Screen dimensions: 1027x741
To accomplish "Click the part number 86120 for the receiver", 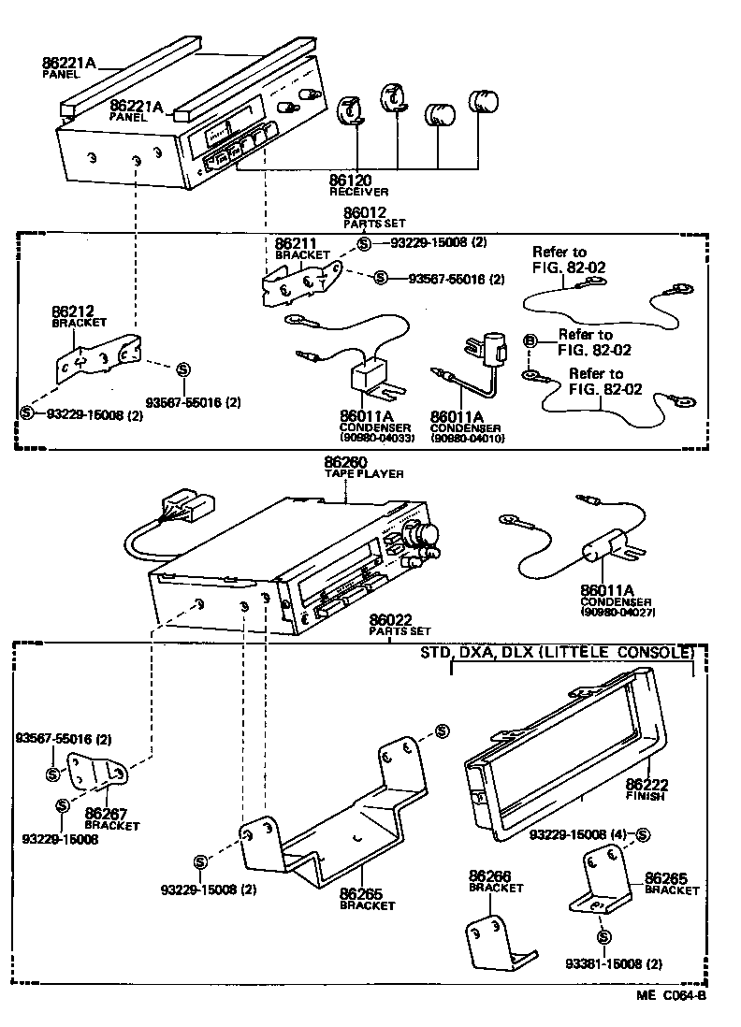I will tap(351, 179).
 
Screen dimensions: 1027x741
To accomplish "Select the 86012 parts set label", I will tap(364, 213).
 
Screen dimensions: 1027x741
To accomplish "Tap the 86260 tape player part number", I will tap(345, 462).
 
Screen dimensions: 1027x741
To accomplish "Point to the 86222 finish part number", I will tap(646, 784).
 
